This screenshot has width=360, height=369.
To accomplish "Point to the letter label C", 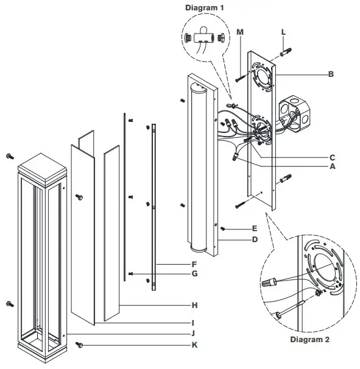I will tap(331, 156).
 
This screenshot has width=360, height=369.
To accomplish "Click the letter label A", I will tap(331, 166).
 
